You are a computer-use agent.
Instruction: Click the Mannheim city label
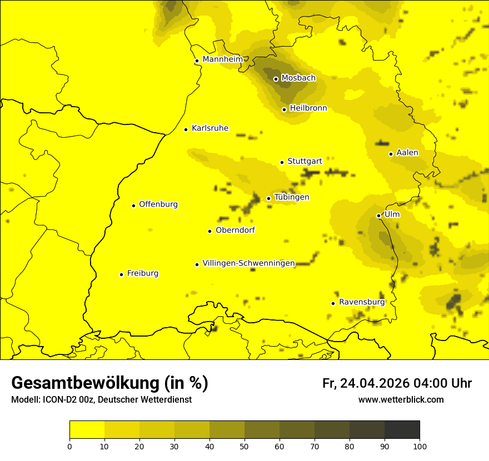pyautogui.click(x=222, y=59)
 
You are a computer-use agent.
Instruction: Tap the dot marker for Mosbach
pyautogui.click(x=276, y=79)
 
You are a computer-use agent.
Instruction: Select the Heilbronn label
pyautogui.click(x=308, y=108)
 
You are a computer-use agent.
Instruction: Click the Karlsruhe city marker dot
pyautogui.click(x=186, y=129)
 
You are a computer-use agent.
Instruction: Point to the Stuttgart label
pyautogui.click(x=305, y=161)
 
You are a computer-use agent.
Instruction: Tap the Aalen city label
pyautogui.click(x=407, y=152)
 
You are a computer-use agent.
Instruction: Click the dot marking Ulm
pyautogui.click(x=378, y=216)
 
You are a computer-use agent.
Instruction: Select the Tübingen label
pyautogui.click(x=292, y=197)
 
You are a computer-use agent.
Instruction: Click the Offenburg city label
pyautogui.click(x=158, y=204)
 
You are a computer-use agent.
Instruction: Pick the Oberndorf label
pyautogui.click(x=235, y=230)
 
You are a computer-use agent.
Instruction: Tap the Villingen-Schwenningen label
pyautogui.click(x=248, y=263)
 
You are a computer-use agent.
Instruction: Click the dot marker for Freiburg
pyautogui.click(x=121, y=274)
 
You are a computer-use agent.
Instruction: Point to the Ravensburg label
pyautogui.click(x=362, y=302)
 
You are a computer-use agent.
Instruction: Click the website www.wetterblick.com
pyautogui.click(x=401, y=399)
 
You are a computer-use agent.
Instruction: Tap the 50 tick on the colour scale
pyautogui.click(x=244, y=445)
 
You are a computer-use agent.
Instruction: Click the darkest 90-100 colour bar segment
pyautogui.click(x=402, y=429)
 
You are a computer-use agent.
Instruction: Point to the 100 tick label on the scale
pyautogui.click(x=420, y=445)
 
